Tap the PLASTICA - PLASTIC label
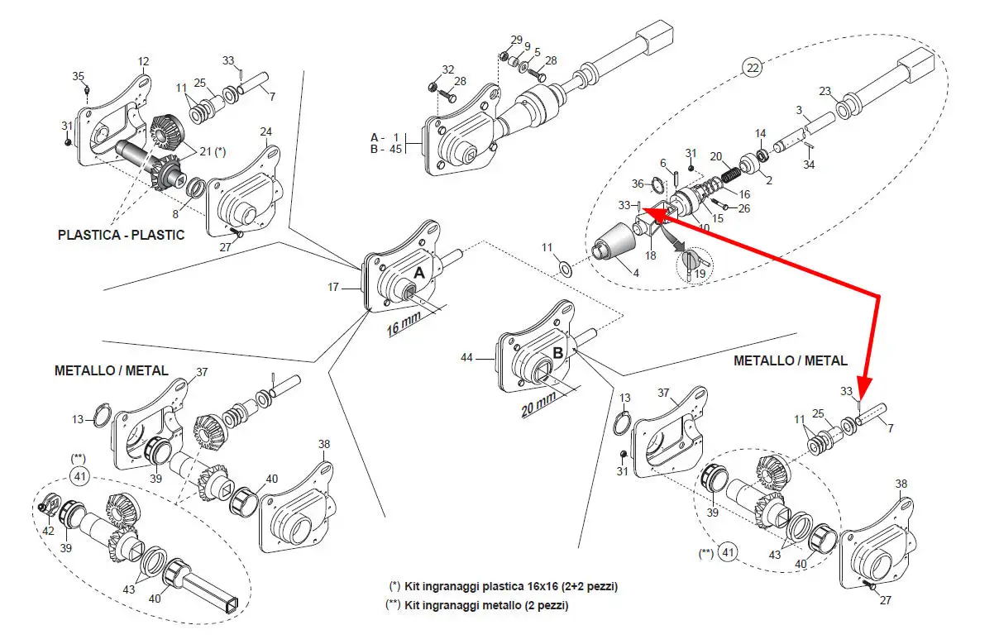(x=121, y=235)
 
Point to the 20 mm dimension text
(x=538, y=402)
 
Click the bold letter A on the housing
(x=418, y=272)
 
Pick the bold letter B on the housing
(x=558, y=351)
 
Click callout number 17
(x=334, y=288)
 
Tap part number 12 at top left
(x=144, y=61)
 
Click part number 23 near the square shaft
(x=825, y=91)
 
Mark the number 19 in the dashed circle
(x=700, y=274)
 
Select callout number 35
(x=79, y=76)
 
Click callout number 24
(x=265, y=131)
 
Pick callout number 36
(x=638, y=184)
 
